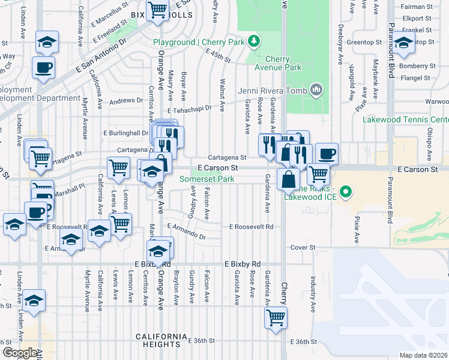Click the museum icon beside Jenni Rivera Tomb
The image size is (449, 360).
tap(317, 91)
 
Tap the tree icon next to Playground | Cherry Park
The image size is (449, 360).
tap(255, 41)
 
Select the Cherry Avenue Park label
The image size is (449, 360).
tap(276, 63)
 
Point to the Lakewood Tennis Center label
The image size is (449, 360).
tap(405, 119)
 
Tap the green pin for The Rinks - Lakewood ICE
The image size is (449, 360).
tap(345, 193)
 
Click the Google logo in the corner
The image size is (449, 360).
tap(20, 353)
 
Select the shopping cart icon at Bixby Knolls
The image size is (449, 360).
tap(157, 10)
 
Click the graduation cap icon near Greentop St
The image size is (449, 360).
tap(403, 43)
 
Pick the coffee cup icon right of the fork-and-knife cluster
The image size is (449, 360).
tap(327, 154)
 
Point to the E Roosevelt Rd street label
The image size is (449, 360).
tap(252, 227)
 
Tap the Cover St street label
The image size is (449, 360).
tap(303, 247)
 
